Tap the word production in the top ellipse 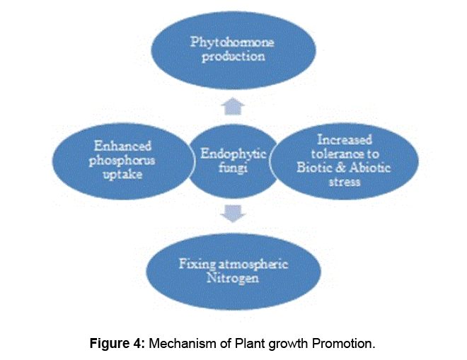(x=233, y=57)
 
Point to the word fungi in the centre (x=228, y=165)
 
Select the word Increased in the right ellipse (x=345, y=139)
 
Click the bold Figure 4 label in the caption (x=115, y=344)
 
